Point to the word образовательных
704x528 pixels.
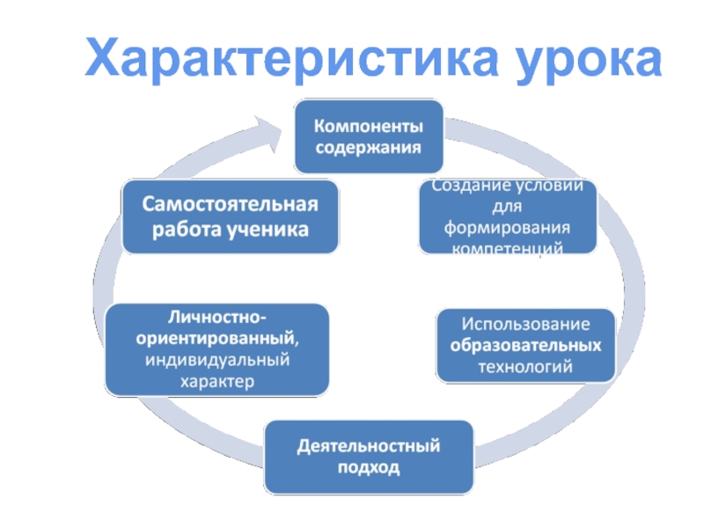(x=524, y=345)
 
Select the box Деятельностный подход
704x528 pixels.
(x=368, y=457)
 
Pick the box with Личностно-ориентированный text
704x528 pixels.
(x=217, y=348)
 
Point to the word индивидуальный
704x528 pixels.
(x=216, y=361)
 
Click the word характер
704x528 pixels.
(x=216, y=382)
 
